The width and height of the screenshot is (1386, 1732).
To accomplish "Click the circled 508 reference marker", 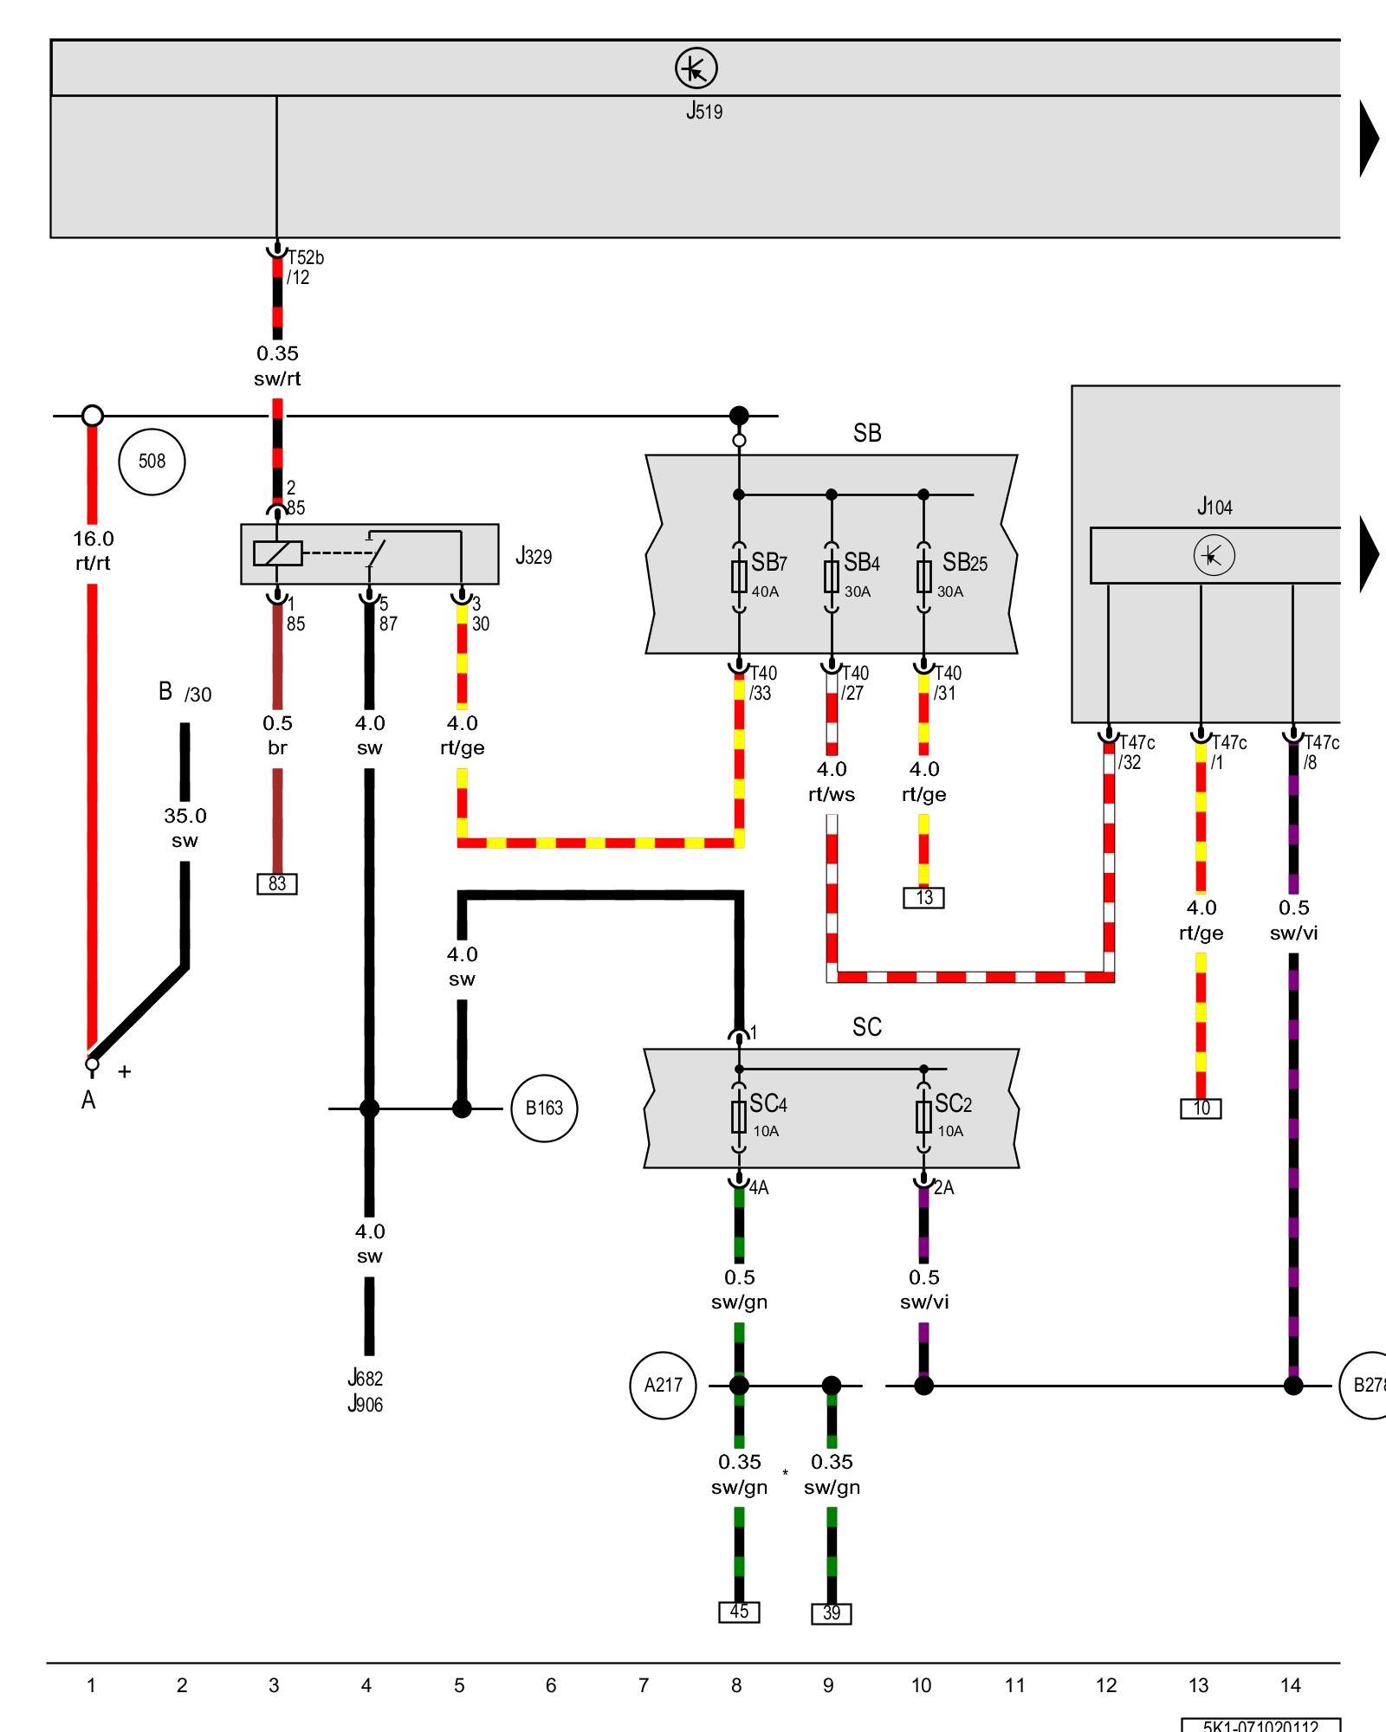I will coord(152,462).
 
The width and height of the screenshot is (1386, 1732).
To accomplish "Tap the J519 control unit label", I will coord(704,111).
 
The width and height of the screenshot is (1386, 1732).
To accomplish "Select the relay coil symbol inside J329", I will coord(277,553).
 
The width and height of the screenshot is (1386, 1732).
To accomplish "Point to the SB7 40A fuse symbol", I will coord(739,576).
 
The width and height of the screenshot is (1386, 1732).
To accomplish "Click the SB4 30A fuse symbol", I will coord(832,576).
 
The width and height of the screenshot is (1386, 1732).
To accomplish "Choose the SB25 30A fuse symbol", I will coord(924,576).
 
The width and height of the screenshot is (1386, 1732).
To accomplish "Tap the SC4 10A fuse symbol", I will coord(739,1117).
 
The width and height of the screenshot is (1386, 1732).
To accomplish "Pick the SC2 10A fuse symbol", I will coord(924,1117).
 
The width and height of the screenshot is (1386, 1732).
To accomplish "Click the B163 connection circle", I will coord(544,1108).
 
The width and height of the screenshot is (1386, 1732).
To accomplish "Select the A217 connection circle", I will coord(663,1386).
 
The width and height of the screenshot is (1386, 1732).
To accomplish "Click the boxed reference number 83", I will coord(277,884).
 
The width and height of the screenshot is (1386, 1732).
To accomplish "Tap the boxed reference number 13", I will coord(924,898).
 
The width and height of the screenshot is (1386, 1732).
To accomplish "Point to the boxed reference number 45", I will coord(739,1612).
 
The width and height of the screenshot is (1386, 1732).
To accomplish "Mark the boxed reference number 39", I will coord(832,1614).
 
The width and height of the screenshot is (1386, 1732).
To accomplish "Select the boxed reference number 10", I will coord(1201,1108).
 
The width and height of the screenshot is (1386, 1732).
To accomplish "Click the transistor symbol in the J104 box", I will coord(1214,556).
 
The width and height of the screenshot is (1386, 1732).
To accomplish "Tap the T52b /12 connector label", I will coord(305,268).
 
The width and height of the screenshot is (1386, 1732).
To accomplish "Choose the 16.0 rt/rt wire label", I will coord(93,551).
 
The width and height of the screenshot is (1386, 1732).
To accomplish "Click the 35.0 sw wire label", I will coord(185,828).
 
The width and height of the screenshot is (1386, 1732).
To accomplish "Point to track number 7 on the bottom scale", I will coord(644,1685).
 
